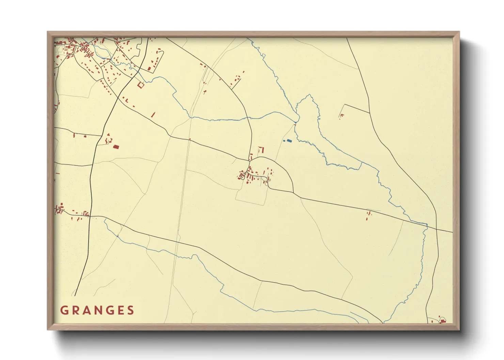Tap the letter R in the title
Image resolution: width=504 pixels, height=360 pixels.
pos(75,310)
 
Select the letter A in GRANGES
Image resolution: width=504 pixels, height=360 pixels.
pos(86,310)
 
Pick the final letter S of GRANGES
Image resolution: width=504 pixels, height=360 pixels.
pos(130,310)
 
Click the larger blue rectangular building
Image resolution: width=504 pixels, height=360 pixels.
pos(289,141)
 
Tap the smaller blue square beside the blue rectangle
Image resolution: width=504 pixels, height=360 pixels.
pos(284,141)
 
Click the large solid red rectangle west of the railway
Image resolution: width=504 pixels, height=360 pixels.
pos(116,147)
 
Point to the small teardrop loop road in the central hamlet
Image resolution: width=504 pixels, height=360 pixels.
pos(242,176)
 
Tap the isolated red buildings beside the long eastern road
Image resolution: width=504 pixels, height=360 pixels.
pos(368,215)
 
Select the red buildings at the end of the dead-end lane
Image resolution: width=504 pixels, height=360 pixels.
pos(341,116)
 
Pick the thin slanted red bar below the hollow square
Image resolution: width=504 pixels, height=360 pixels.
pos(153,115)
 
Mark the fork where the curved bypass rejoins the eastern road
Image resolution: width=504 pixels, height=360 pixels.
pos(293,193)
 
